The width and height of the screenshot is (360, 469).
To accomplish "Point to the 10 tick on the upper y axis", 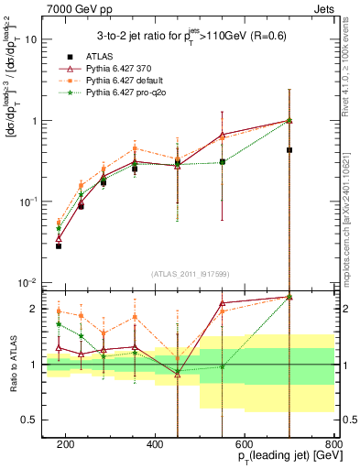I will pos(32,39).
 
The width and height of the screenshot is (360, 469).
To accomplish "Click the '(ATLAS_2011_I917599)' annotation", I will pos(191,274).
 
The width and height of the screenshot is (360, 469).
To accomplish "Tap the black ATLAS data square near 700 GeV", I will pos(289,149).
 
